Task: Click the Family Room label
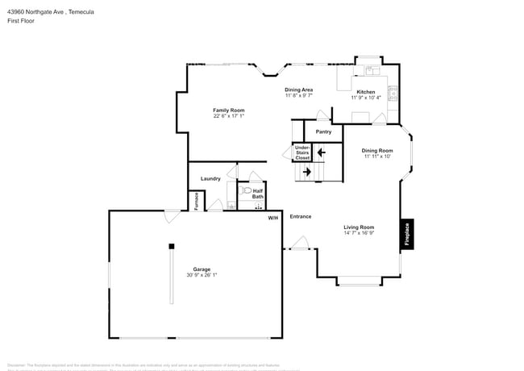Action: click(228, 110)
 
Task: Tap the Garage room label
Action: click(201, 269)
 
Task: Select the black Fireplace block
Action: click(407, 234)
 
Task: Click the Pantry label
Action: click(323, 131)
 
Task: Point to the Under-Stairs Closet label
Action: click(302, 152)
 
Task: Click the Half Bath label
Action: click(258, 194)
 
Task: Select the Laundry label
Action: click(210, 178)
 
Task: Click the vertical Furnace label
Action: click(196, 202)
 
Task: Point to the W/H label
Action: click(272, 218)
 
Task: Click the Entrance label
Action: click(300, 216)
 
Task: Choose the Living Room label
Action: click(360, 227)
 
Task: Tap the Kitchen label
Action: click(366, 92)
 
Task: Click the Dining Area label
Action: click(298, 90)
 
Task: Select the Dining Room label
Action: click(376, 150)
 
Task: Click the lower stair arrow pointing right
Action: click(306, 171)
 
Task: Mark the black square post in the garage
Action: click(171, 246)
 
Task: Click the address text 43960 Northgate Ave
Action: click(35, 11)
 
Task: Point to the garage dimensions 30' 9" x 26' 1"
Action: click(201, 275)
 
